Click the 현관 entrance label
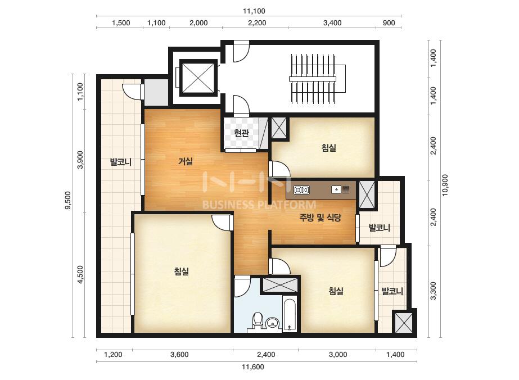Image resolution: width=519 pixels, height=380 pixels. pos(241,133)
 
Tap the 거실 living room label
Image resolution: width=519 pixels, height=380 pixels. pos(186,161)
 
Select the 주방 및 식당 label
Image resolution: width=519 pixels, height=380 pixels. pos(320,218)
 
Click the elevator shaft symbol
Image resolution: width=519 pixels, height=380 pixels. pos(198,78)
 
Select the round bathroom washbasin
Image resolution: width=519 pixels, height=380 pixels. pos(273,323)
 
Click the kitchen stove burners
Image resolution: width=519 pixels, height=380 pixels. pos(301,189)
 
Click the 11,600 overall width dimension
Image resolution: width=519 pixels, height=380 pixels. pos(253,367)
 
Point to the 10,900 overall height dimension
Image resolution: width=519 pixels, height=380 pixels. pos(445,186)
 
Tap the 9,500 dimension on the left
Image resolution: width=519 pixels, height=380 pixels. pos(68,201)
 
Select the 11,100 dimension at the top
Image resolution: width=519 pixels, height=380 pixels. pos(254,11)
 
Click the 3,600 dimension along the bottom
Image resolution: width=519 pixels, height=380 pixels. pos(179,355)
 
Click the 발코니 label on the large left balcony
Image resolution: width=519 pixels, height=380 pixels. pos(121,162)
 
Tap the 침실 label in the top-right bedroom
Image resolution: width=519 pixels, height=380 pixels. pos(329,148)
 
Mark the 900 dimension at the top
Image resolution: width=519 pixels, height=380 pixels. pos(389,23)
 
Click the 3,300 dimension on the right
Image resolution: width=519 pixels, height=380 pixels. pos(434,291)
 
